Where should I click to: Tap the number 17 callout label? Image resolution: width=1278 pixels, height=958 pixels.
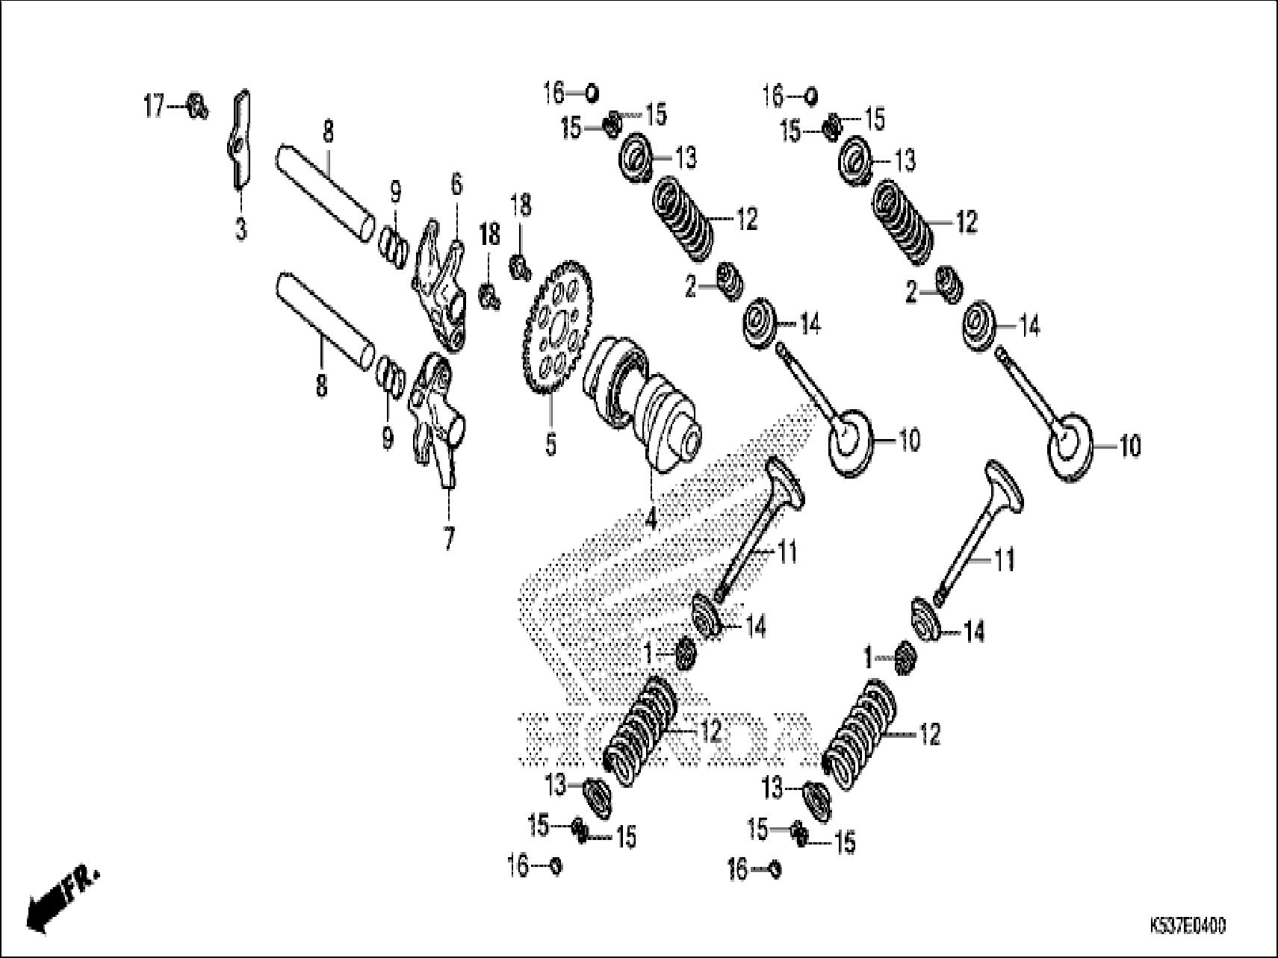[153, 108]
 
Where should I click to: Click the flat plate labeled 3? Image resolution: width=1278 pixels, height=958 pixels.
[240, 139]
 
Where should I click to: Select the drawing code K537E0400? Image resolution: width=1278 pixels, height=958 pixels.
[1188, 926]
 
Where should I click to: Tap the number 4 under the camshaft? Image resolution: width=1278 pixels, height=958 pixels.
[650, 517]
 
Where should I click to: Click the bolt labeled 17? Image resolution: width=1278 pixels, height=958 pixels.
[197, 106]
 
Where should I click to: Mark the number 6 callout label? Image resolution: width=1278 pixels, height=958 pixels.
[456, 183]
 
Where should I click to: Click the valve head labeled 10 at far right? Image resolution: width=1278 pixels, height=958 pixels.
[1073, 447]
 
